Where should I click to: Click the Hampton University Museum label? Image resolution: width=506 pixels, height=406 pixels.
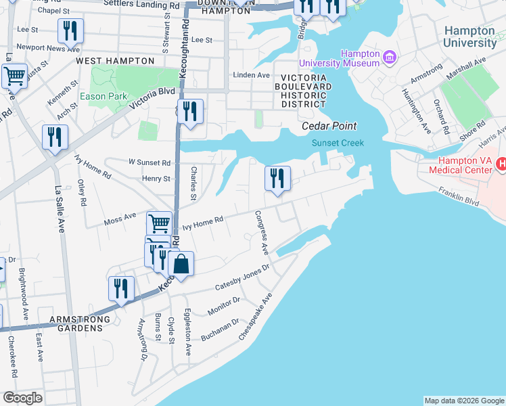(359, 58)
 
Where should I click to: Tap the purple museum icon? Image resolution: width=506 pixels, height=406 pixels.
(390, 57)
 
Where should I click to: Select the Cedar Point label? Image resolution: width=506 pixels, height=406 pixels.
(329, 127)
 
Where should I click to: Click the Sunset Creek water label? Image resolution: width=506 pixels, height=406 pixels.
(338, 143)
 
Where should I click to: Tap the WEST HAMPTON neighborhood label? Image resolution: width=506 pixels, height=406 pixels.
(115, 61)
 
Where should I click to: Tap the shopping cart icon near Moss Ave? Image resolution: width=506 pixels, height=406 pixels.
(159, 223)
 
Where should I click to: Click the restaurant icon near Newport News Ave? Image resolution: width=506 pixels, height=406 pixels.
(70, 30)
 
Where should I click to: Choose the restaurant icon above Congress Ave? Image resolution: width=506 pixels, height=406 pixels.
(277, 179)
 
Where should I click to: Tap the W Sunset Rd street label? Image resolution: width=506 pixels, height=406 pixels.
(149, 162)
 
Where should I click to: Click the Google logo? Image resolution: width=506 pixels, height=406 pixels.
(22, 398)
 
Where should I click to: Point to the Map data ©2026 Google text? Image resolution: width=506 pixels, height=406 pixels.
(463, 401)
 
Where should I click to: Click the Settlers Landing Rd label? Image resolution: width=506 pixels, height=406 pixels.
(143, 5)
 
